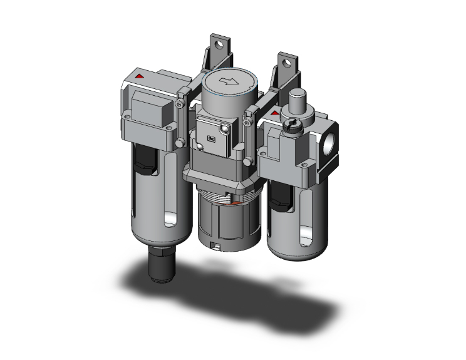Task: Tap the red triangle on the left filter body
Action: [139, 76]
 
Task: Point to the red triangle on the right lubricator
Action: [274, 113]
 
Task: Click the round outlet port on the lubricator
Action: [328, 138]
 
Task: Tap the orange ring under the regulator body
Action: [234, 202]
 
